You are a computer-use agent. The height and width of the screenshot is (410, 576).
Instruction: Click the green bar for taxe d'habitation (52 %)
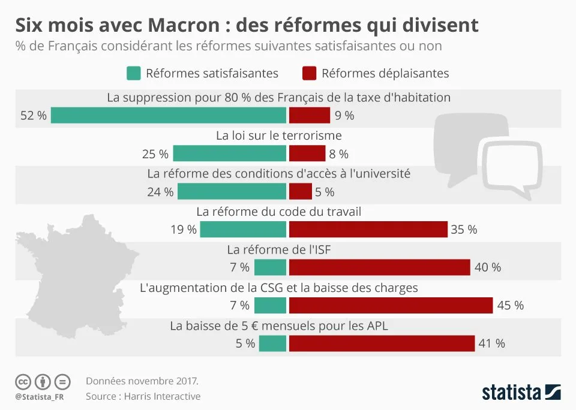point(169,115)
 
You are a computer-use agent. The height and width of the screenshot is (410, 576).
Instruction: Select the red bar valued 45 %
point(391,305)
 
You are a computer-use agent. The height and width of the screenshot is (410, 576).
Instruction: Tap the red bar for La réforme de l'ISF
point(379,267)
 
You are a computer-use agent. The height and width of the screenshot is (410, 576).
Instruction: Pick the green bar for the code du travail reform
point(243,230)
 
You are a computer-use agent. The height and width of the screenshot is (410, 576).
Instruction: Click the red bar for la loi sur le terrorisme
point(307,153)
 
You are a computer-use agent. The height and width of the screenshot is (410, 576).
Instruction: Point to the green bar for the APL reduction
point(272,343)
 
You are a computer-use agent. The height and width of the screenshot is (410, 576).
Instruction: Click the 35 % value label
point(464,230)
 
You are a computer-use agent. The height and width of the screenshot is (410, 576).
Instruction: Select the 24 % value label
point(160,192)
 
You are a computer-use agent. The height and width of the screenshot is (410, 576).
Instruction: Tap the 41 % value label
point(491,343)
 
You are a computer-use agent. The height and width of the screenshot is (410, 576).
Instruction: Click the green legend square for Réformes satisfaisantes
point(133,73)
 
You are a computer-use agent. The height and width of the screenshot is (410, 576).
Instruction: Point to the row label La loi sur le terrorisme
point(278,135)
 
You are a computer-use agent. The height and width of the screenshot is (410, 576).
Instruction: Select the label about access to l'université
point(278,174)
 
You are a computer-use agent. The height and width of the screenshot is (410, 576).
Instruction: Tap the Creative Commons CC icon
point(23,381)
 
